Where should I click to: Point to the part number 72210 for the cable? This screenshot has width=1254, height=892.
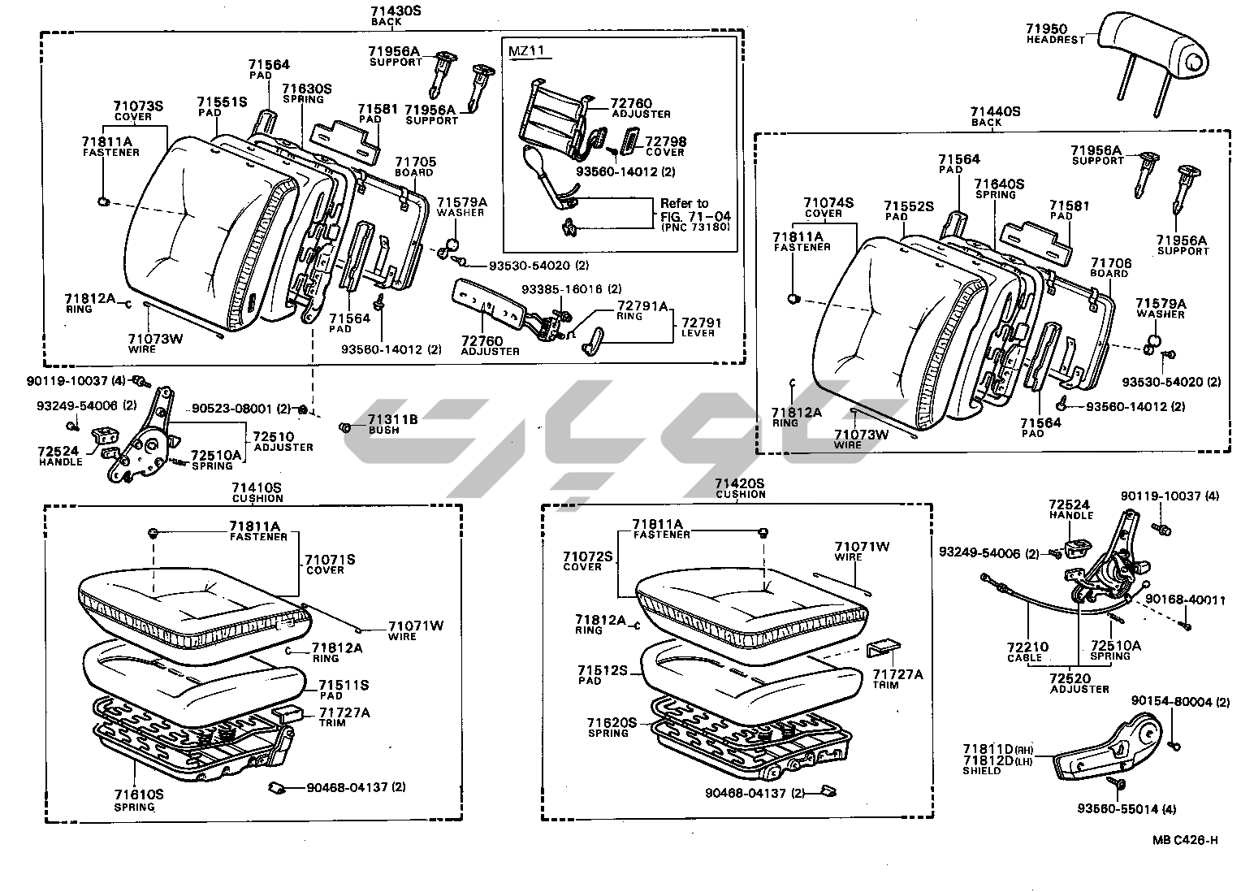click(x=1027, y=647)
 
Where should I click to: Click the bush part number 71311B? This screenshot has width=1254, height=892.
click(x=392, y=419)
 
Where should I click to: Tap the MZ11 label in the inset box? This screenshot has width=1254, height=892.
click(x=525, y=51)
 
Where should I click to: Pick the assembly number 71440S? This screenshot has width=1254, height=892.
click(x=995, y=111)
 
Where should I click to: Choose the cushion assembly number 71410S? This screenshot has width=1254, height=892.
click(x=257, y=487)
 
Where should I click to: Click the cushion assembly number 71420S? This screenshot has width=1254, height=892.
click(x=739, y=483)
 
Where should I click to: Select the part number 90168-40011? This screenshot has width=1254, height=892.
click(x=1184, y=600)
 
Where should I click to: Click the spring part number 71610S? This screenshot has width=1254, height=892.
click(x=138, y=795)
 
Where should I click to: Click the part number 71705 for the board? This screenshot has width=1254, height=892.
click(x=415, y=162)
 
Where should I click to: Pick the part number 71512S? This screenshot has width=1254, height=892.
click(x=603, y=670)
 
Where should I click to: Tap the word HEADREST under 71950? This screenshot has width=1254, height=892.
click(x=1055, y=40)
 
